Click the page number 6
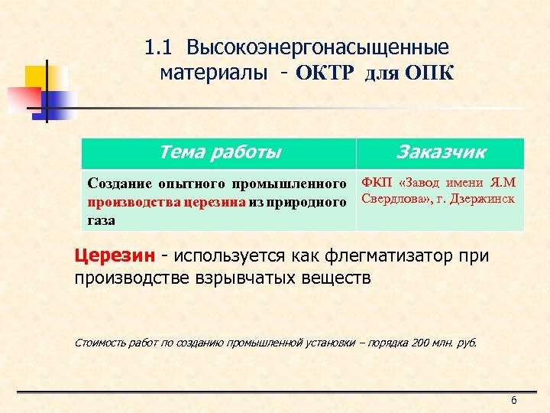(x=514, y=402)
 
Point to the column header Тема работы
(x=219, y=152)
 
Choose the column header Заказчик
(x=441, y=152)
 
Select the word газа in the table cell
(x=102, y=220)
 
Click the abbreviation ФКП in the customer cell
(x=376, y=182)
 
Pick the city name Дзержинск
(x=485, y=199)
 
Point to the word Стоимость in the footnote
(x=99, y=343)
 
